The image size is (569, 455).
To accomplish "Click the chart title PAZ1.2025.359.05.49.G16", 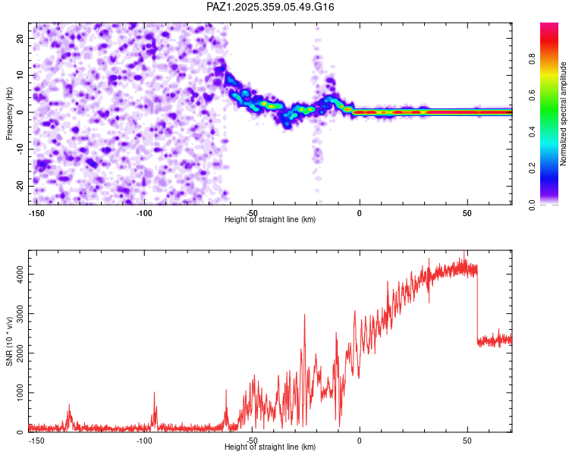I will pyautogui.click(x=271, y=7).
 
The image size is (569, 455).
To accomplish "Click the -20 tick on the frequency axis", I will pyautogui.click(x=20, y=186).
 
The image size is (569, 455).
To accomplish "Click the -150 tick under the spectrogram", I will pyautogui.click(x=36, y=212).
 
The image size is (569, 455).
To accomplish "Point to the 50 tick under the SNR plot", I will pyautogui.click(x=467, y=440).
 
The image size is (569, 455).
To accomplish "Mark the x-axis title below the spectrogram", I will pyautogui.click(x=270, y=220).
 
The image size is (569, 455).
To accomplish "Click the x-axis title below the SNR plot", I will pyautogui.click(x=270, y=447).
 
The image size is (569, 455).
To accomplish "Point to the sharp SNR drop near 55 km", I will pyautogui.click(x=477, y=303).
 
